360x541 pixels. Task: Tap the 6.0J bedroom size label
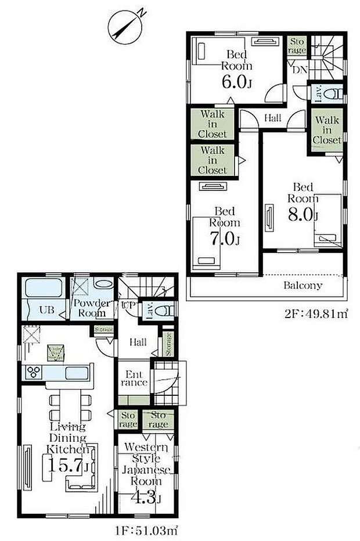237,81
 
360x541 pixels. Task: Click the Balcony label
303,286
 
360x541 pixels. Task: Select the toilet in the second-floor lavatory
333,92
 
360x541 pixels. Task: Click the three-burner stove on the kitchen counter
33,373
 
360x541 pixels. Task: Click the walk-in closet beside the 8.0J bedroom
327,130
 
